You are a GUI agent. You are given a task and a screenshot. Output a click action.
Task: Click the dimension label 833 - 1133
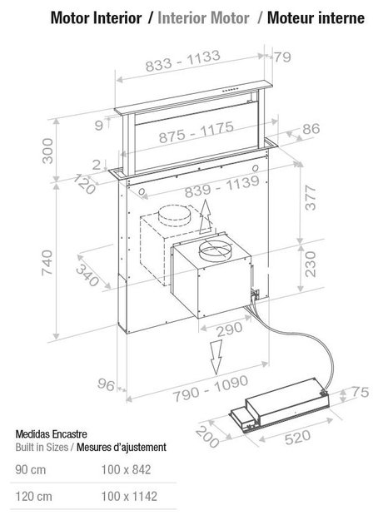[x=183, y=61]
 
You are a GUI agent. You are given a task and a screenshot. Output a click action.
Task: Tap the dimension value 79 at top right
[x=282, y=57]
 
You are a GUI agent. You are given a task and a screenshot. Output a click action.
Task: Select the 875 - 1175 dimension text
[x=196, y=132]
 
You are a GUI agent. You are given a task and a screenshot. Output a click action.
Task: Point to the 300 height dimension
[x=47, y=151]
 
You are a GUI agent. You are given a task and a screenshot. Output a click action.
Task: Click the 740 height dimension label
[x=47, y=263]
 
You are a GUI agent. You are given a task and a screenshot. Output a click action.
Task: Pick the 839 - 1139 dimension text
[x=221, y=186]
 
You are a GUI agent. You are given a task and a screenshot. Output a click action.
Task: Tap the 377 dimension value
[x=311, y=198]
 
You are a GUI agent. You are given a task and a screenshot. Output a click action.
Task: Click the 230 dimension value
[x=311, y=264]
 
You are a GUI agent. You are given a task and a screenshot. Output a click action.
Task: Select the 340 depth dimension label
[x=87, y=276]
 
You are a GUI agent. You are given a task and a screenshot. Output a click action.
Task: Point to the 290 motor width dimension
[x=229, y=329]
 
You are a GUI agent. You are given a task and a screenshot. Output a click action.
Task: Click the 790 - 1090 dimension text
[x=211, y=389]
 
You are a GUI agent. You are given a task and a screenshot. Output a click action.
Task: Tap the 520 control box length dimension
[x=298, y=437]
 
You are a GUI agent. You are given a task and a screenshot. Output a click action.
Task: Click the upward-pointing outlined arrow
[x=206, y=217]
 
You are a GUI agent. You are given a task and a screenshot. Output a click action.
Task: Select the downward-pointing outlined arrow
[x=216, y=357]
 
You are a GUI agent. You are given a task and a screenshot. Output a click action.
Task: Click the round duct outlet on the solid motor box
[x=214, y=251]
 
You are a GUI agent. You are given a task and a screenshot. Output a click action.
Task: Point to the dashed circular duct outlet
[x=174, y=215]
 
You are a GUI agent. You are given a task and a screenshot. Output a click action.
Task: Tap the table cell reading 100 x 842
[x=126, y=469]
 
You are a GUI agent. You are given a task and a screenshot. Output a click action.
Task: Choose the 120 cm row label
[x=33, y=497]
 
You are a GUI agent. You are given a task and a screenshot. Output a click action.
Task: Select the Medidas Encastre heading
[x=51, y=434]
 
